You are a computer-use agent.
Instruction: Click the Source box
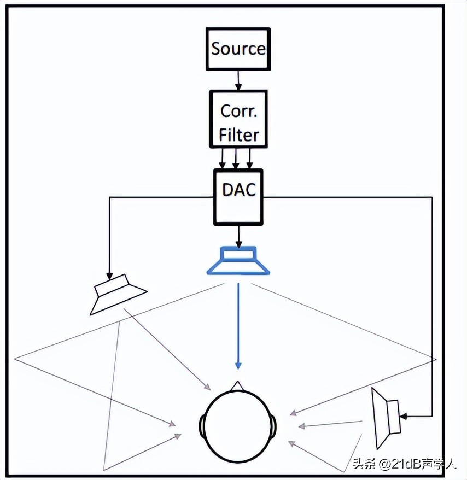click(238, 49)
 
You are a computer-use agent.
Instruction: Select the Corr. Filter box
click(238, 119)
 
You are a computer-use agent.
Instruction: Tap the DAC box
click(238, 196)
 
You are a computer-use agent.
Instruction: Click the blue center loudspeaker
click(238, 260)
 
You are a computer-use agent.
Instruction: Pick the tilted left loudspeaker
click(118, 294)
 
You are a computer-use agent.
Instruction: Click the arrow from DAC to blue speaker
click(238, 236)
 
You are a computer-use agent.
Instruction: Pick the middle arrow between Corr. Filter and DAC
click(236, 158)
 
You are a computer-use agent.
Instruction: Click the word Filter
click(239, 134)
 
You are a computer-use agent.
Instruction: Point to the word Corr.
click(239, 111)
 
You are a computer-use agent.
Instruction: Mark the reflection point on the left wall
click(15, 359)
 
